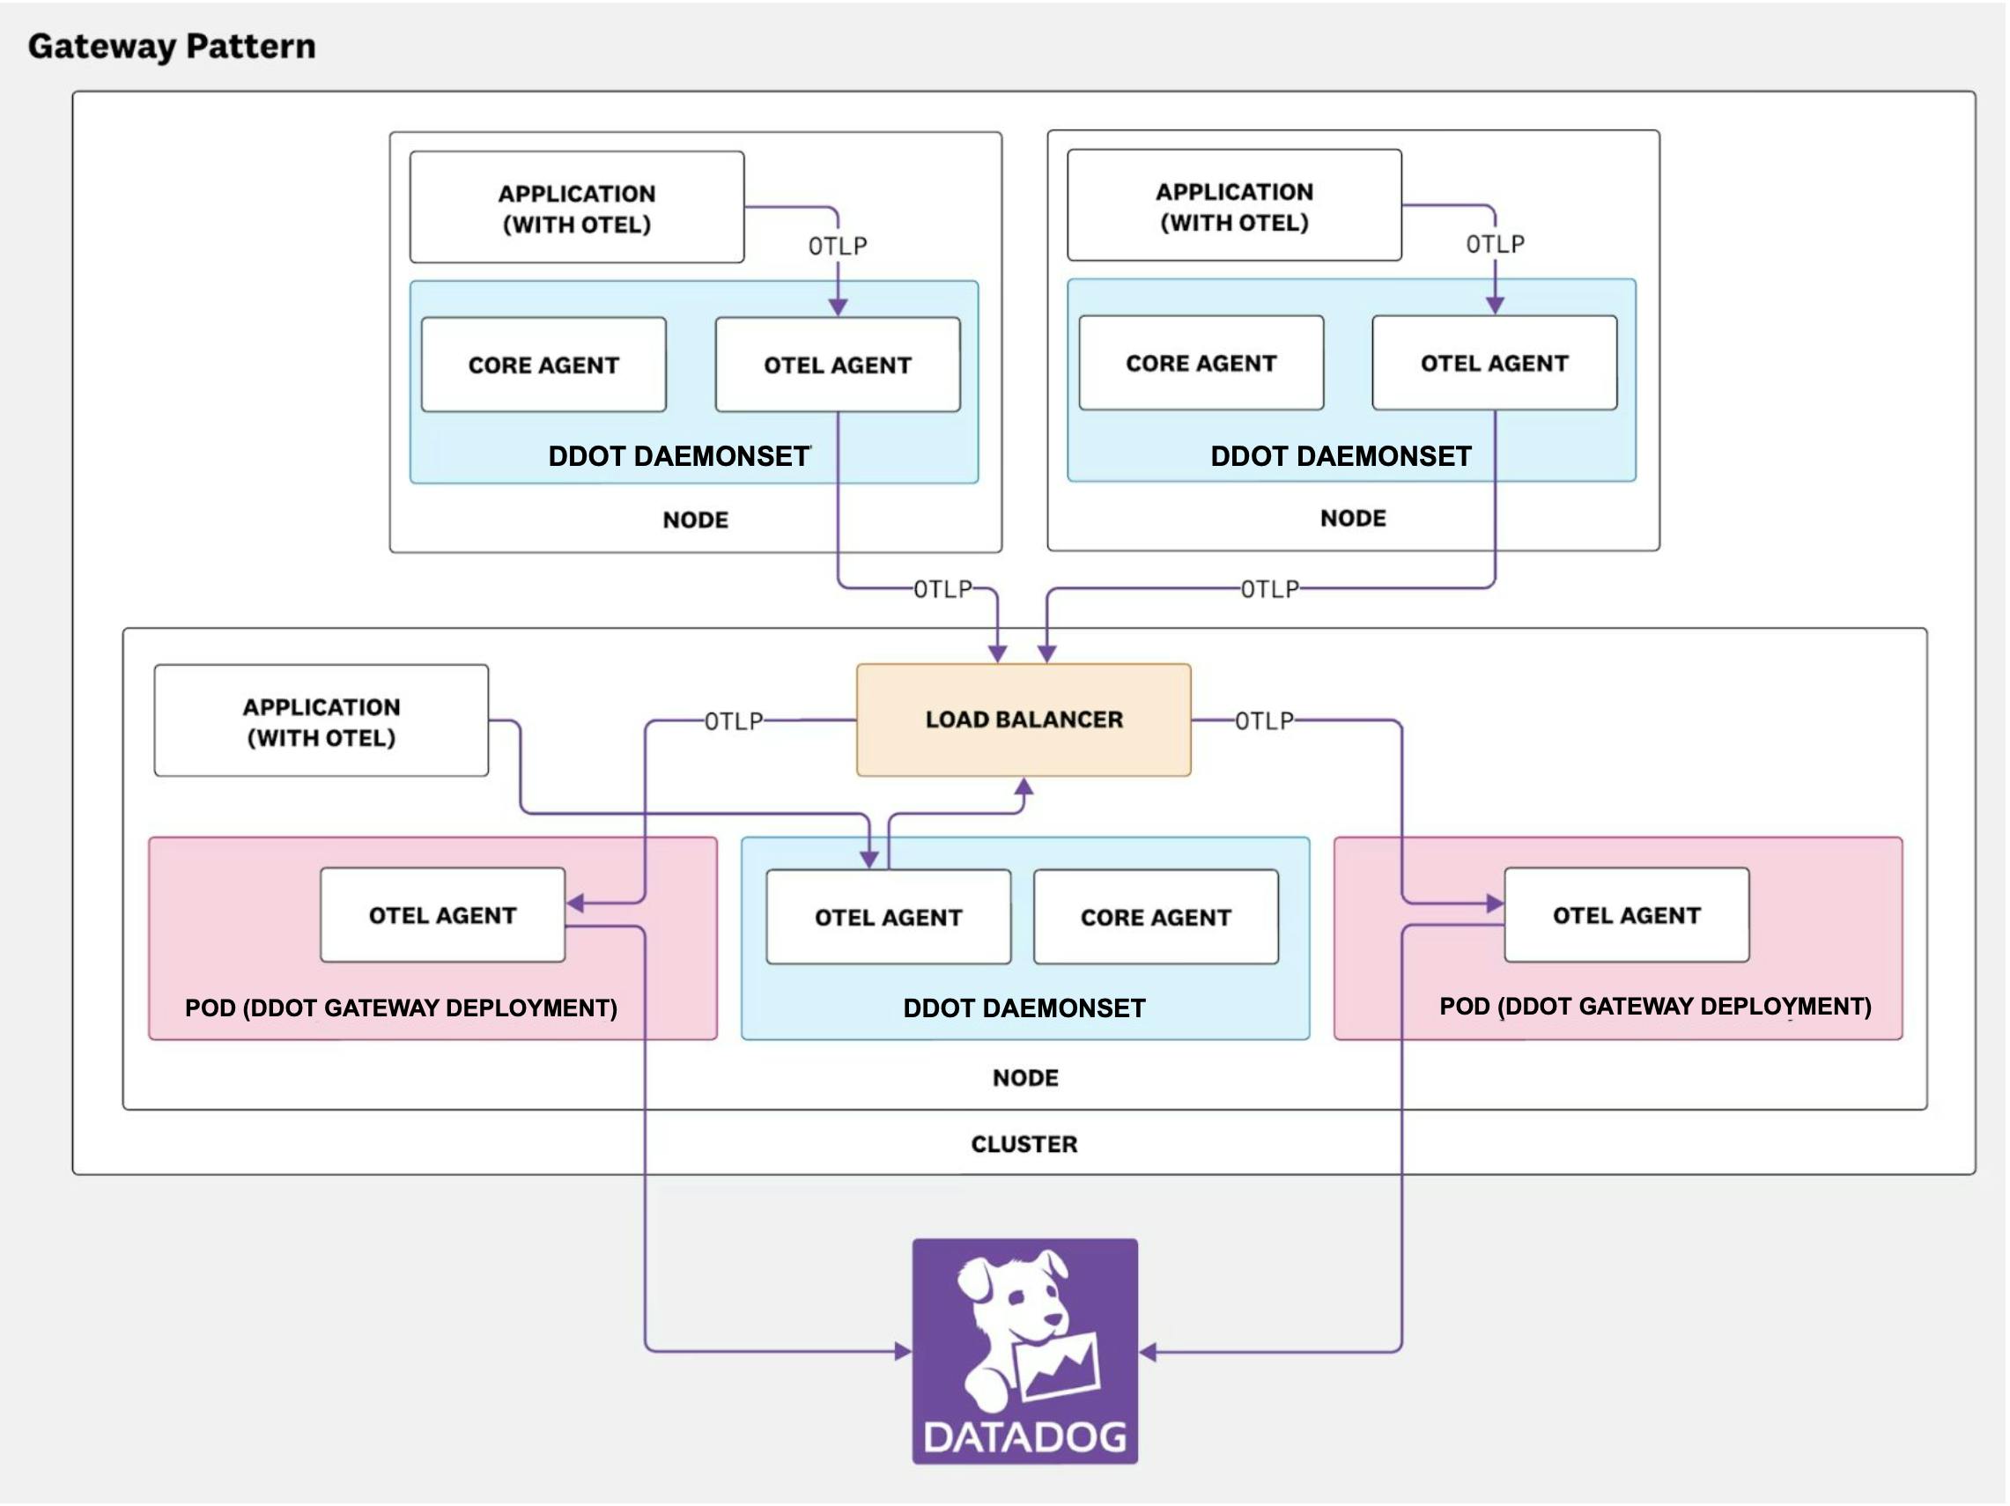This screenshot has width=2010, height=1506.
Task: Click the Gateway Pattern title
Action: point(172,47)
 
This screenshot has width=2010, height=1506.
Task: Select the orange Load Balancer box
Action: point(1023,720)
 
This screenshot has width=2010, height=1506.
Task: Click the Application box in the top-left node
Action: point(576,208)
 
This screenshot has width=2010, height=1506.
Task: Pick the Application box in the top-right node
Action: point(1234,206)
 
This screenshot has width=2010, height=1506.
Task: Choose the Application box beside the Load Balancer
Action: point(321,721)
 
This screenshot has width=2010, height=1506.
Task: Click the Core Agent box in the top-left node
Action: point(543,365)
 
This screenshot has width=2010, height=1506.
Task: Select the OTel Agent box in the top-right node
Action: point(1494,364)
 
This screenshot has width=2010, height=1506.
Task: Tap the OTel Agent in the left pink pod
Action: point(442,915)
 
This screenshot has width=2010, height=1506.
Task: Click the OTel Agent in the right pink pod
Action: point(1626,915)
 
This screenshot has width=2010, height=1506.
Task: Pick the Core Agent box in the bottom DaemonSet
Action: point(1155,918)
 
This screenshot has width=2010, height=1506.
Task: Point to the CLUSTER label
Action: point(1024,1143)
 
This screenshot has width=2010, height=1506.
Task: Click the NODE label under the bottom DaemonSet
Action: point(1025,1077)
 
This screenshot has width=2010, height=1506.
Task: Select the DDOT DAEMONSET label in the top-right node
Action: point(1341,456)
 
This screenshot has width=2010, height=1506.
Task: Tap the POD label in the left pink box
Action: point(401,1008)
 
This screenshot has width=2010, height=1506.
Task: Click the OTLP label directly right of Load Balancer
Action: point(1263,720)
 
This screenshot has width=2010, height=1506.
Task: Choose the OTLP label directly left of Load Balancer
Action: point(734,721)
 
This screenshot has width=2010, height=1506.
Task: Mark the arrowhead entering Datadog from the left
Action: point(903,1352)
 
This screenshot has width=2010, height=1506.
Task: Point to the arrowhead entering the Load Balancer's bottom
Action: point(1024,786)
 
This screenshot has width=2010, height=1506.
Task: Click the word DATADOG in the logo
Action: point(1024,1437)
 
